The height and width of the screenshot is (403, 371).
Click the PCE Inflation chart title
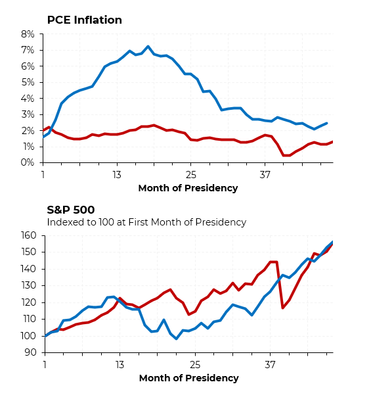pyautogui.click(x=84, y=20)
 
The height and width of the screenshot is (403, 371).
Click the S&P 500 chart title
pyautogui.click(x=71, y=210)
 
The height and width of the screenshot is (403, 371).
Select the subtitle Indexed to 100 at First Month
pyautogui.click(x=146, y=222)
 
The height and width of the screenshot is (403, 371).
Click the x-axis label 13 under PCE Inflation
pyautogui.click(x=117, y=176)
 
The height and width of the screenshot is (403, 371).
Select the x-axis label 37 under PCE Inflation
pyautogui.click(x=265, y=176)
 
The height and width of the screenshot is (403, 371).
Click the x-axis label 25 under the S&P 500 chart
pyautogui.click(x=196, y=365)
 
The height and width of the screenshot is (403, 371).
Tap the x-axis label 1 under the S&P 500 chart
pyautogui.click(x=45, y=365)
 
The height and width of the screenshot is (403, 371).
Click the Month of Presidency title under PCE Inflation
pyautogui.click(x=188, y=189)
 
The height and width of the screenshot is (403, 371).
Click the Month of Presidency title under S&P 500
pyautogui.click(x=188, y=378)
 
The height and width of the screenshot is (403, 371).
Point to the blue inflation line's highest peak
pyautogui.click(x=148, y=47)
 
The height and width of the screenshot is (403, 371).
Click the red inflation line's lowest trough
pyautogui.click(x=286, y=156)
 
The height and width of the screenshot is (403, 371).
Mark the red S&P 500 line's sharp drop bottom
pyautogui.click(x=282, y=308)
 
